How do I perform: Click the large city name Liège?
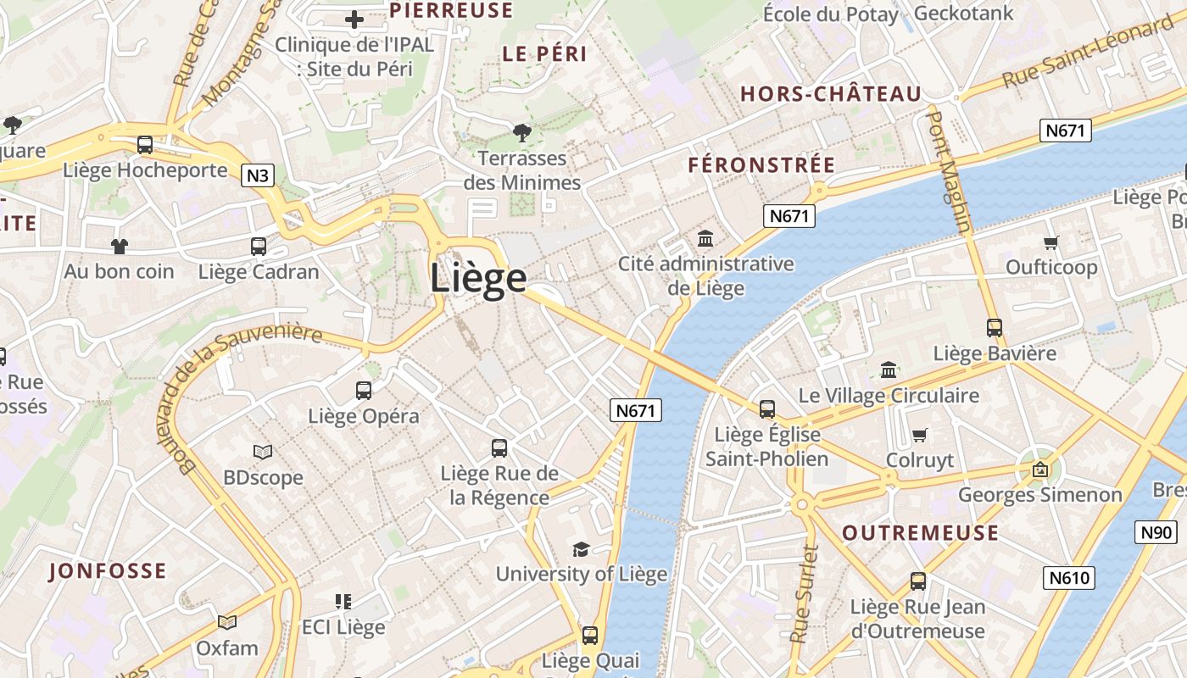[x=478, y=278]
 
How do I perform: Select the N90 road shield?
[x=1156, y=532]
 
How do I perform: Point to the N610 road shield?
[x=1068, y=578]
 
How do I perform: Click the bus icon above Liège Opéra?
[x=364, y=391]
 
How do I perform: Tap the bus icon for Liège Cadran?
[x=259, y=247]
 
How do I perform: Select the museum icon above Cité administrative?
[x=705, y=238]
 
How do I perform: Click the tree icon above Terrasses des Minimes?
[x=521, y=132]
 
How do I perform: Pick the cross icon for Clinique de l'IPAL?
[x=354, y=19]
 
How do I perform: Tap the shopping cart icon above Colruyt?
[x=920, y=436]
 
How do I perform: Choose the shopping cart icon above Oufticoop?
[x=1051, y=243]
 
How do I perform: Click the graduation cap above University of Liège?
[x=581, y=549]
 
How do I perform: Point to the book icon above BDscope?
[x=263, y=453]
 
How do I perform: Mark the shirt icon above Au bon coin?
[x=119, y=247]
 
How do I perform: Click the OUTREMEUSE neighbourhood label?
[x=920, y=533]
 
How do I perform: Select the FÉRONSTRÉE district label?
[x=761, y=165]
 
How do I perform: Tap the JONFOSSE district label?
[x=108, y=570]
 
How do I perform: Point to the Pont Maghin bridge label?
[x=949, y=169]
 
